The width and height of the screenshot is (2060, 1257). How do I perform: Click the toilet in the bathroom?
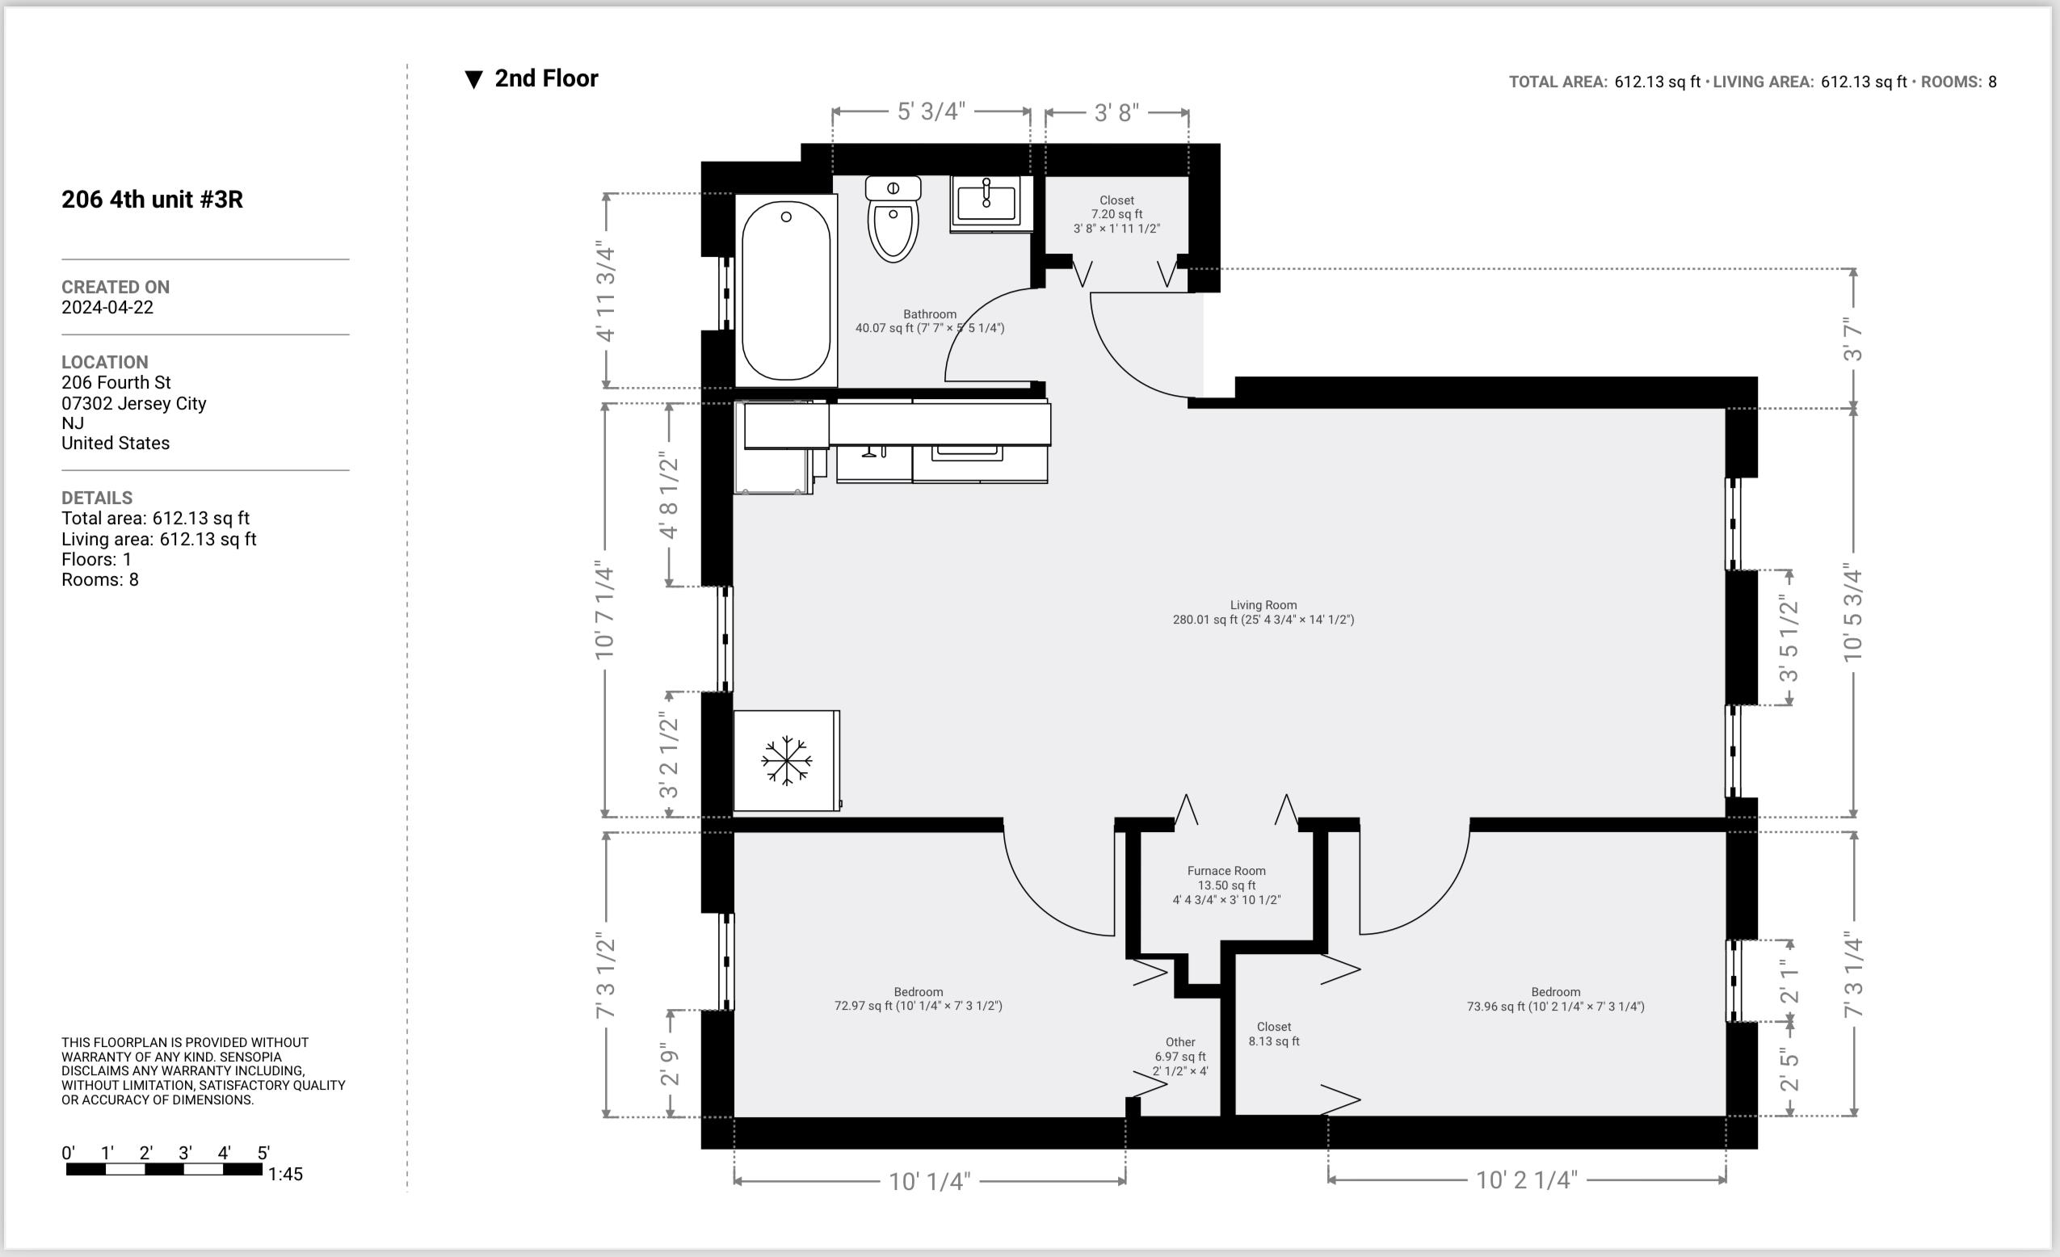click(x=893, y=221)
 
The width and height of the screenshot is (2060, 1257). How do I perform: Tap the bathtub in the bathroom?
click(x=786, y=291)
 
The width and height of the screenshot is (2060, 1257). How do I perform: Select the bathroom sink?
click(x=986, y=202)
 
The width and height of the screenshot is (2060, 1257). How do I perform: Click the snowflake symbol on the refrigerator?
click(x=786, y=760)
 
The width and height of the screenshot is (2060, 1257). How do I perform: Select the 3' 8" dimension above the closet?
click(x=1116, y=113)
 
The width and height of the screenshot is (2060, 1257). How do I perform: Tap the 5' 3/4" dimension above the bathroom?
click(x=931, y=111)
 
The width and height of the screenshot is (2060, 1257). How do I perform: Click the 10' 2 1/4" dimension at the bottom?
click(x=1526, y=1180)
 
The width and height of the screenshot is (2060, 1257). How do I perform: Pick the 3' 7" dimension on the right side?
click(x=1852, y=338)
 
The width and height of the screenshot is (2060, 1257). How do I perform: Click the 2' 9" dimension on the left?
click(x=669, y=1063)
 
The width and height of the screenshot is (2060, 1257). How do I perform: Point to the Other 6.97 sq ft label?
click(x=1179, y=1056)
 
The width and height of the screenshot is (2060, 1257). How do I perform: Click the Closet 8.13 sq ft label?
click(x=1273, y=1034)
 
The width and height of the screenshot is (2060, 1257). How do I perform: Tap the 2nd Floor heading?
click(x=545, y=78)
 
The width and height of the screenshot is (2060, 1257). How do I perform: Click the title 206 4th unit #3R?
click(x=152, y=200)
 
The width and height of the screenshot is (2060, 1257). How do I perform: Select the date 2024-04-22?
click(x=107, y=308)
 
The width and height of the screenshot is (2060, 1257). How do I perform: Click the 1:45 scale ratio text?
click(x=285, y=1175)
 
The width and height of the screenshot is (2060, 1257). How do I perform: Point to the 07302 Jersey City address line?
click(x=134, y=404)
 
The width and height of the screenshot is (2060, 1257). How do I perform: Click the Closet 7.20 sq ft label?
click(x=1116, y=214)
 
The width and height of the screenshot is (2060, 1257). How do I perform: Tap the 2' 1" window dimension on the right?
click(x=1789, y=981)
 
